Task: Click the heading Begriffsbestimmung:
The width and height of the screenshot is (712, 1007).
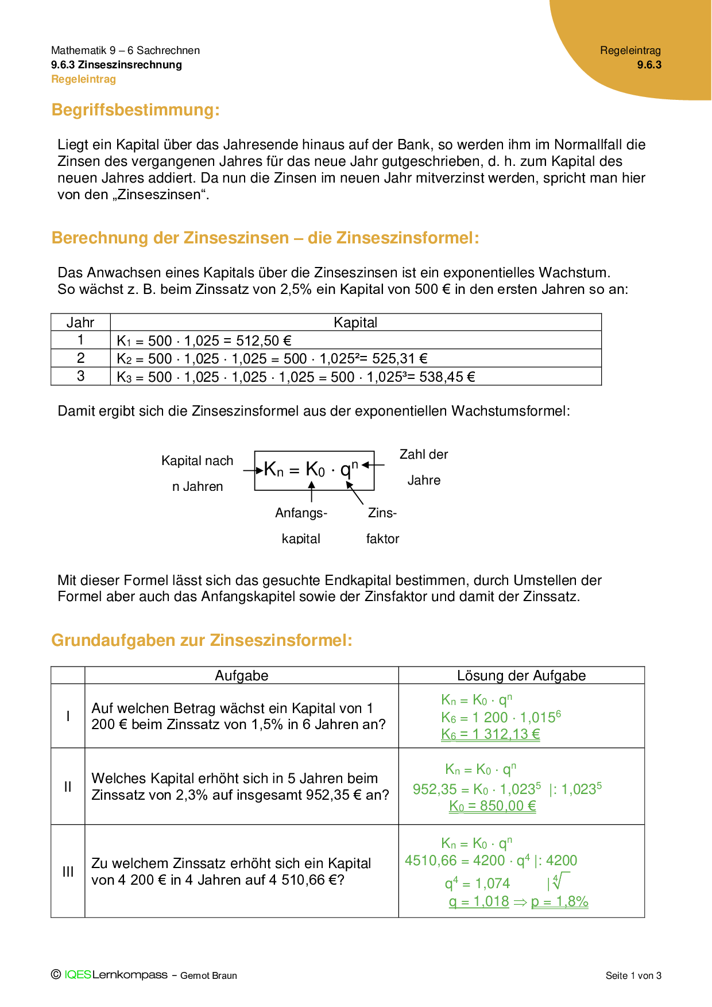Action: pyautogui.click(x=136, y=110)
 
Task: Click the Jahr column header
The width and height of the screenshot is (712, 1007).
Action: pyautogui.click(x=80, y=322)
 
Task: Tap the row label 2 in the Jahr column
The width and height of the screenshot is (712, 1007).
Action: pyautogui.click(x=80, y=358)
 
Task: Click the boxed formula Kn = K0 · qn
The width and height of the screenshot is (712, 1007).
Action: pyautogui.click(x=314, y=470)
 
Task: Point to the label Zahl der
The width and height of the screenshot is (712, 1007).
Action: pyautogui.click(x=424, y=454)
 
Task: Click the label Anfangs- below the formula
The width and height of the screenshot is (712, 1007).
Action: pyautogui.click(x=301, y=513)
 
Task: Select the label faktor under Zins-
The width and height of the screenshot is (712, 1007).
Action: pyautogui.click(x=382, y=539)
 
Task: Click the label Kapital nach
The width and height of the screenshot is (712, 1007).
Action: pyautogui.click(x=197, y=460)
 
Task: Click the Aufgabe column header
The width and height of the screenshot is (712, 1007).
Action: pyautogui.click(x=241, y=676)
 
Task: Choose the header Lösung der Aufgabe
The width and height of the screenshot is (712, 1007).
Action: pyautogui.click(x=521, y=676)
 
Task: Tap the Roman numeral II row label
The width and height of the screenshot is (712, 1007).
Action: pyautogui.click(x=68, y=787)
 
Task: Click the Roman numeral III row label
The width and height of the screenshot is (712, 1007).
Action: pyautogui.click(x=68, y=872)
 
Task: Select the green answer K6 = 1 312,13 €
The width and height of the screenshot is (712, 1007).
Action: pyautogui.click(x=490, y=734)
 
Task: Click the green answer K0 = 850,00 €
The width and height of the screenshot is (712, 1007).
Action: pyautogui.click(x=493, y=806)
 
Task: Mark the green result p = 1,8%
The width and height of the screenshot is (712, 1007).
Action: pyautogui.click(x=560, y=902)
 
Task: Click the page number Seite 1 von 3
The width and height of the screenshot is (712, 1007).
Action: pyautogui.click(x=633, y=975)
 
